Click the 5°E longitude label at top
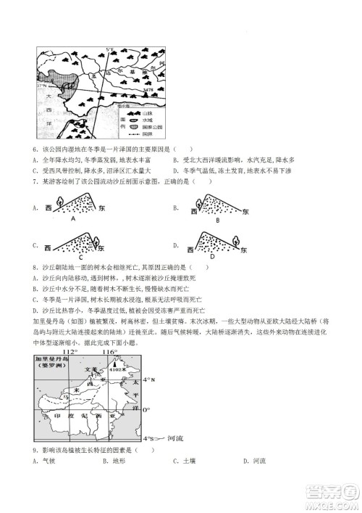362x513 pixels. pyautogui.click(x=110, y=49)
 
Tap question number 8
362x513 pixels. pyautogui.click(x=36, y=266)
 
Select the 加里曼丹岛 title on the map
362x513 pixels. pyautogui.click(x=53, y=358)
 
